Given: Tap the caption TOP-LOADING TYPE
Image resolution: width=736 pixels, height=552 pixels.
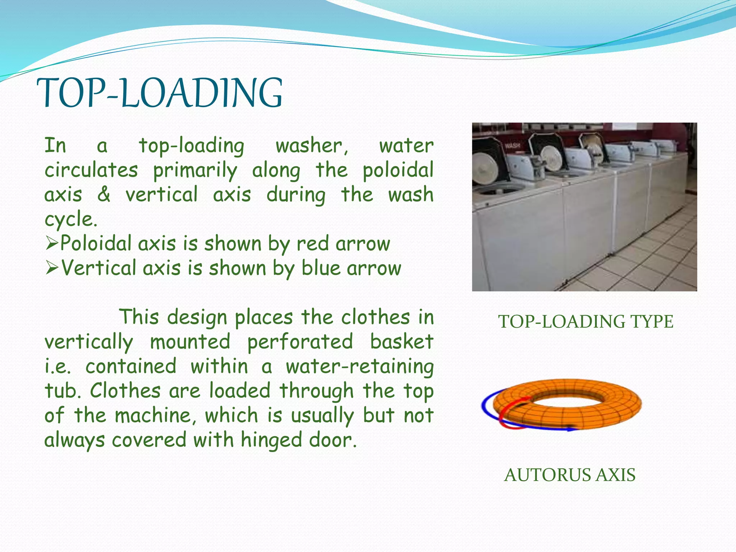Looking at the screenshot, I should coord(585,322).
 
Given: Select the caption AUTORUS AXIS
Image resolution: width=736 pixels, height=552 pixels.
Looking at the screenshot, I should coord(570,475).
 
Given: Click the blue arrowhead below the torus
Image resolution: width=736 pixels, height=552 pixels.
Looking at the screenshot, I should coord(570,429).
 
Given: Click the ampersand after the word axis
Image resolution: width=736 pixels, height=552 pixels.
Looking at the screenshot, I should coord(104,194).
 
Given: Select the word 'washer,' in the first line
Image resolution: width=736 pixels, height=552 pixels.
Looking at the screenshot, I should coord(312,146).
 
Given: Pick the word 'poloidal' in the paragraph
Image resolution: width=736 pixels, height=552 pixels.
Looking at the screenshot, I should coord(398,170).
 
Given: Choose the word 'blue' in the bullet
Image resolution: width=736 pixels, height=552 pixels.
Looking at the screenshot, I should coord(321,268).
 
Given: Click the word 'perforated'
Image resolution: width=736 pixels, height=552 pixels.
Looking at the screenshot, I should coord(300,342).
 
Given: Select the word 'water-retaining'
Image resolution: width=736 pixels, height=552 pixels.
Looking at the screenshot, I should coord(360,367).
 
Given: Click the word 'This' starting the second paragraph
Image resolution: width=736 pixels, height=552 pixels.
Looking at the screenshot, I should coord(139,317).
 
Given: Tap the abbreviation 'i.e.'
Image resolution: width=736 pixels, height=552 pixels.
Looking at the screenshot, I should coord(57,367).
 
